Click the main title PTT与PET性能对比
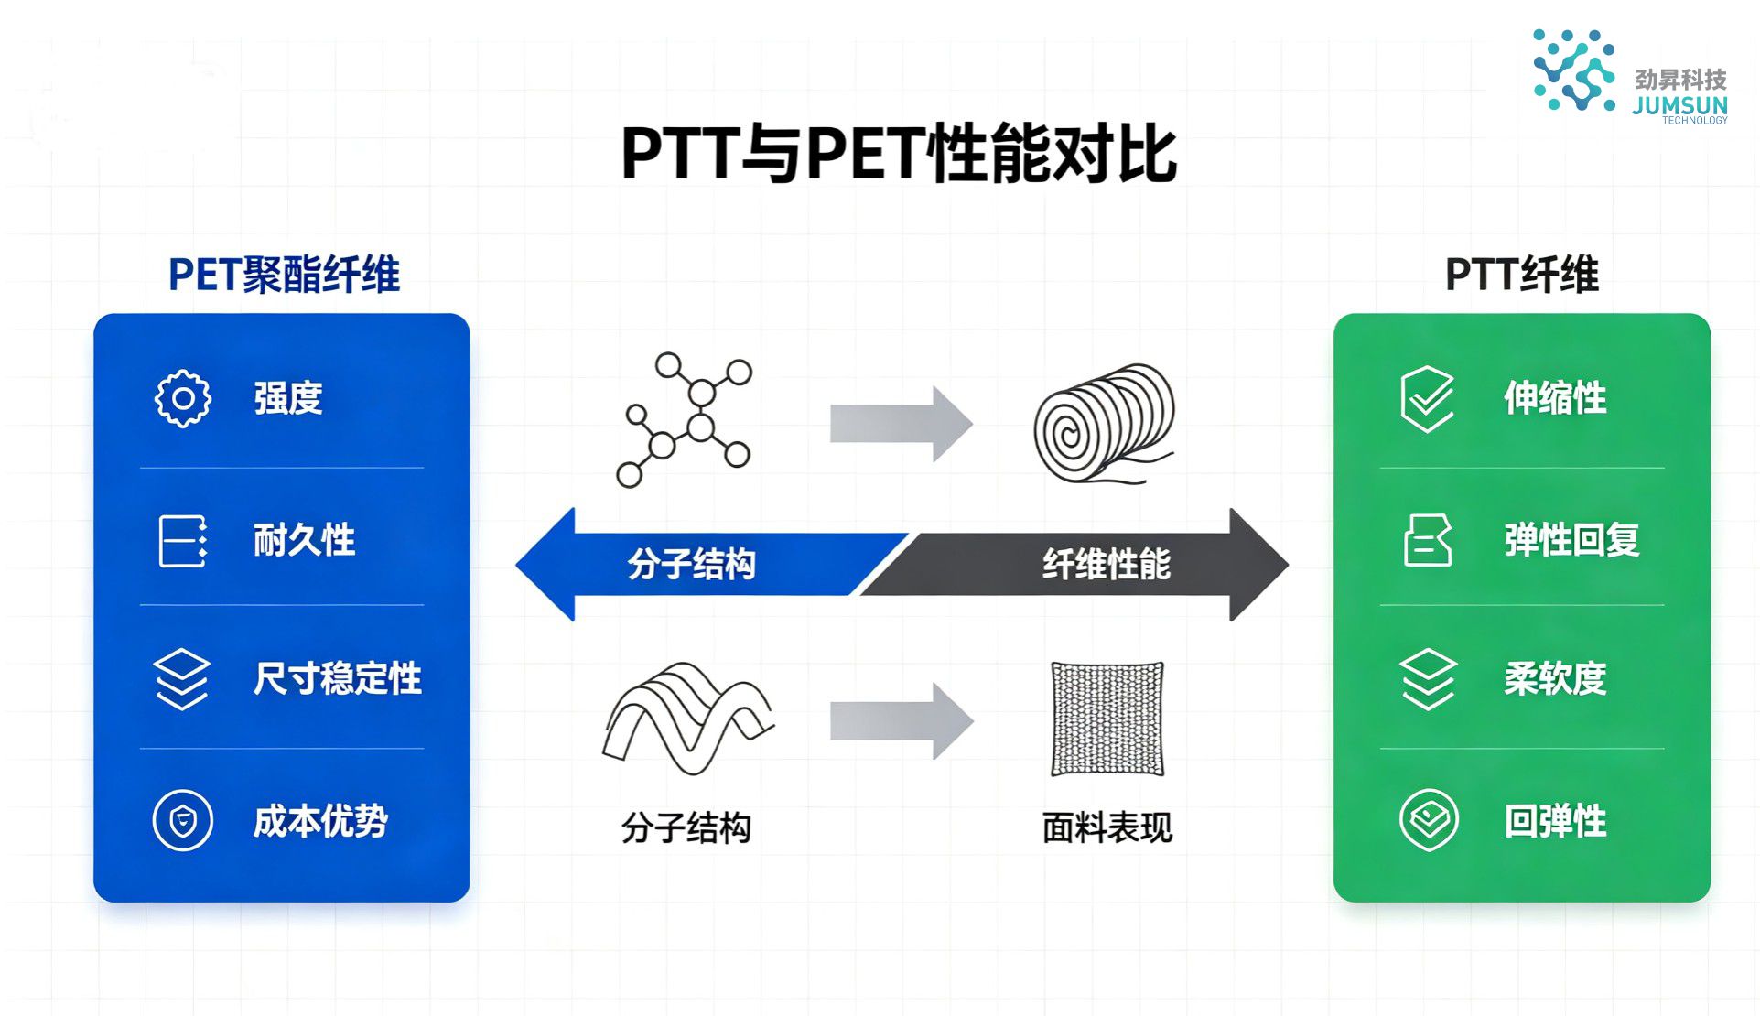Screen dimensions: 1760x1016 [899, 153]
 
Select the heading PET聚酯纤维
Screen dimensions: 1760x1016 [284, 275]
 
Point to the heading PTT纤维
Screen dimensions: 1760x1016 [1521, 275]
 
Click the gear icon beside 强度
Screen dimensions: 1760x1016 [183, 398]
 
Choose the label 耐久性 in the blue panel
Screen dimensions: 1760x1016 [304, 540]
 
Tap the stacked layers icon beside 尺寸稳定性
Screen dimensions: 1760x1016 [181, 679]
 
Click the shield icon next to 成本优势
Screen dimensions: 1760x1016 [183, 820]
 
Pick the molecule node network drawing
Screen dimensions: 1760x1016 [684, 419]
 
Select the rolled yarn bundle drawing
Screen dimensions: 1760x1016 [1105, 423]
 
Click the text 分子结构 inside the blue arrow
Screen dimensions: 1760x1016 [692, 564]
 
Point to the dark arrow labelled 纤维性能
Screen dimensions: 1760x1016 [1075, 565]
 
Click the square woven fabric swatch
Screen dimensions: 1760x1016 [1107, 719]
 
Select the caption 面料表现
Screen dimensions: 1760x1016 [1107, 827]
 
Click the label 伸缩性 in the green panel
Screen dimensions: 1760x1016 [1555, 398]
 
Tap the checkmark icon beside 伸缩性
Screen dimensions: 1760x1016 [1428, 399]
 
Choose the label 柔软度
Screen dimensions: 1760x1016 [1555, 679]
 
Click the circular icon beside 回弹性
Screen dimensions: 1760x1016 [1429, 820]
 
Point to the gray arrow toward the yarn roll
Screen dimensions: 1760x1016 [902, 424]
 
